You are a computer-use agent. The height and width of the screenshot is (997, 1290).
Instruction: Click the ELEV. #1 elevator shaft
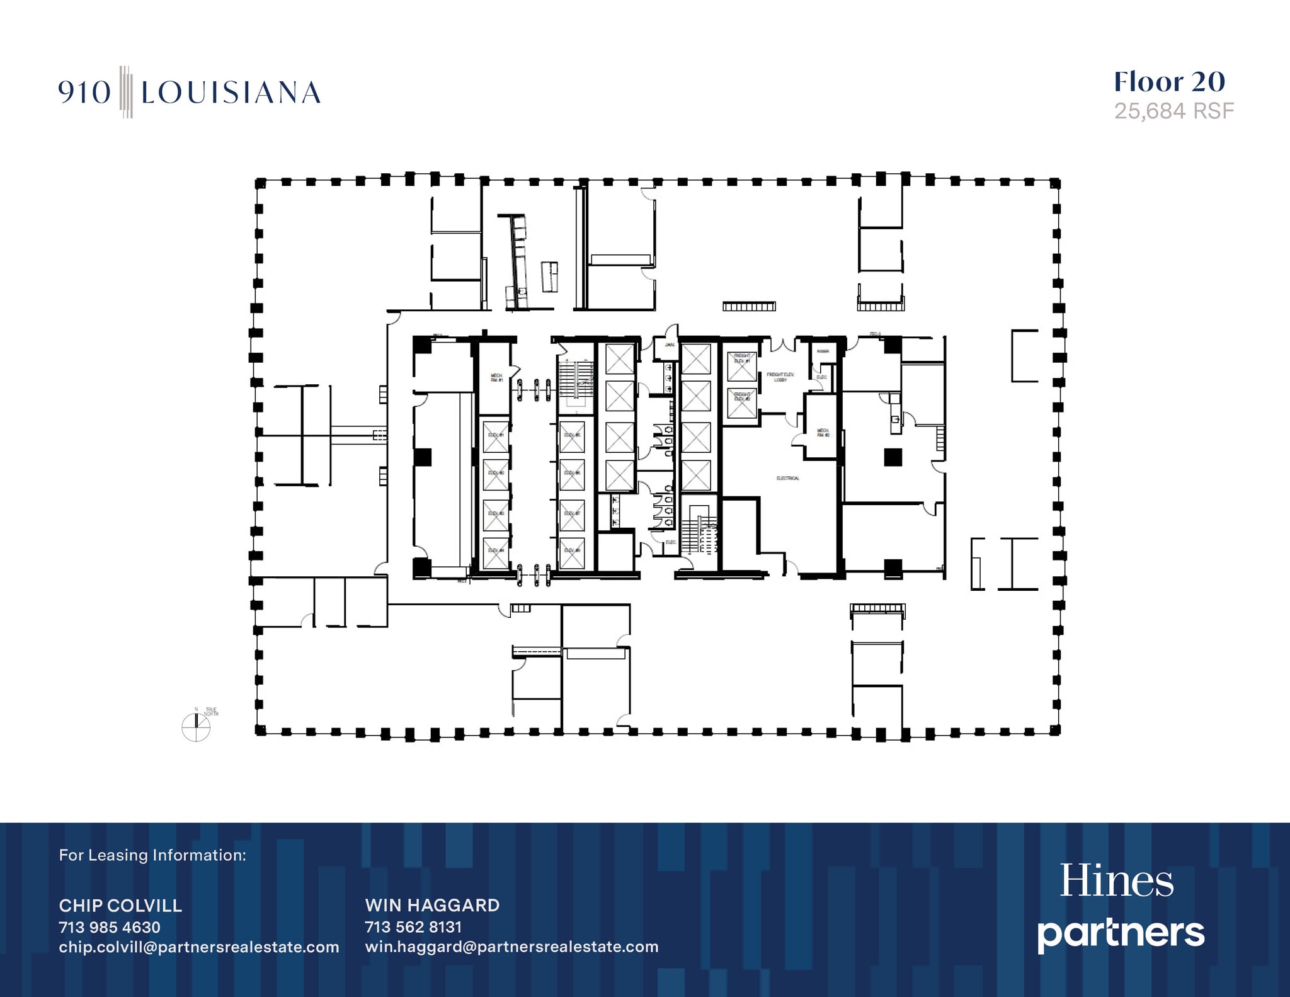(x=496, y=436)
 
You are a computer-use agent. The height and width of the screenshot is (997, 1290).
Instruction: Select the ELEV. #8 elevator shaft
(x=572, y=552)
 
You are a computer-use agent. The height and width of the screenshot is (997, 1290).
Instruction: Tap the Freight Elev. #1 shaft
(x=742, y=365)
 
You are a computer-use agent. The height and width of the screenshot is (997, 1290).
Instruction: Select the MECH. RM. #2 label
(x=823, y=433)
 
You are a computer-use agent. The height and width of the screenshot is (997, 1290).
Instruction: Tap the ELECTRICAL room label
(x=788, y=479)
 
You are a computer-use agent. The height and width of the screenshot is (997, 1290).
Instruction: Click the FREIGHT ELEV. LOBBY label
(x=780, y=377)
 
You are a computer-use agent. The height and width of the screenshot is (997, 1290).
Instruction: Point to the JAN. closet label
(x=669, y=345)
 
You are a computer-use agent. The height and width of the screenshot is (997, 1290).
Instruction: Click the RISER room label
(x=823, y=351)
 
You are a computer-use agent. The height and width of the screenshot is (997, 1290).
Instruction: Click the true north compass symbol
(x=196, y=727)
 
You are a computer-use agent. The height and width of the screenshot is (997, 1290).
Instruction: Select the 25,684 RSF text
(x=1173, y=111)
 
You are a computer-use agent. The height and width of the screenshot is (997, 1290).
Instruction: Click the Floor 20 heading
(x=1169, y=82)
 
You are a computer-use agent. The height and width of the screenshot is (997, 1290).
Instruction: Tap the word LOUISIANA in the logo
(x=231, y=93)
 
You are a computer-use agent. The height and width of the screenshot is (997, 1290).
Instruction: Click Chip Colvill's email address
(x=199, y=947)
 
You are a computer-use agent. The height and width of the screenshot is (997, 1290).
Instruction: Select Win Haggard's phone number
(x=413, y=927)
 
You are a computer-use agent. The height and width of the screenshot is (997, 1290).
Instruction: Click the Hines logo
(x=1116, y=881)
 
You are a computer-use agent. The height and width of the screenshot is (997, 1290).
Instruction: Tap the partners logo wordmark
(x=1121, y=934)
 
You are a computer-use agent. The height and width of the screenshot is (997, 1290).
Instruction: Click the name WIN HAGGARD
(x=432, y=906)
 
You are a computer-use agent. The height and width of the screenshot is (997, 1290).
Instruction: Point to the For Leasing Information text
(x=152, y=855)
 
